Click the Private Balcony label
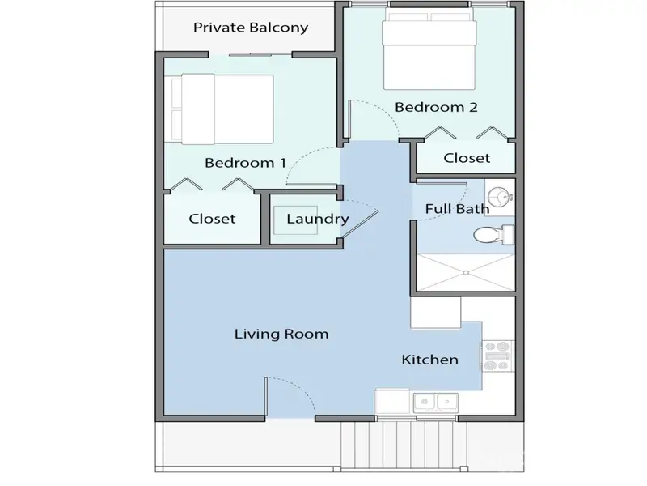coord(251,28)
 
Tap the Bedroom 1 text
coord(245,163)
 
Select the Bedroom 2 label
coord(430,107)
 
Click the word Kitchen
coord(430,360)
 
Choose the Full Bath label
coord(457,209)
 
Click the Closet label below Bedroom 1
coord(212,219)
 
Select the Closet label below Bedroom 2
coord(467,158)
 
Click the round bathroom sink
coord(500,195)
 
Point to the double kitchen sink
coord(436,400)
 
